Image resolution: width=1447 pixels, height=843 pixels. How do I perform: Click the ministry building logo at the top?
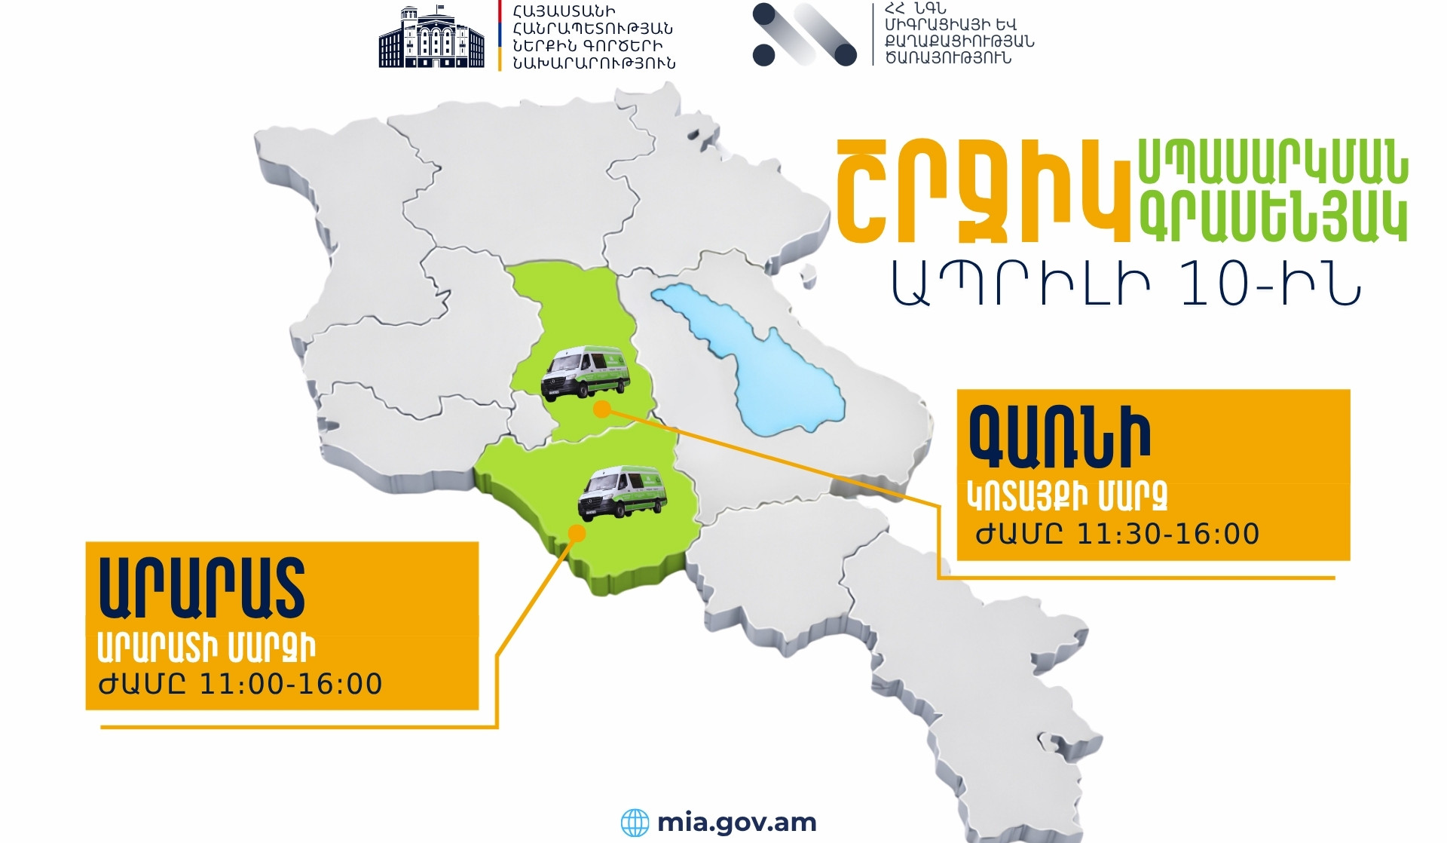431,37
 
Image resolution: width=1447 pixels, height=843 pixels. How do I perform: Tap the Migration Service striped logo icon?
804,35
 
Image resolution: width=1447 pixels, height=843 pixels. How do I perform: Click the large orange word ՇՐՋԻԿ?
984,192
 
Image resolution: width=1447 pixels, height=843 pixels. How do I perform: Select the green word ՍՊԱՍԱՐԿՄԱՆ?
1272,161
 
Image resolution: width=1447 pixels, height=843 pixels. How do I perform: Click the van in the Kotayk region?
586,372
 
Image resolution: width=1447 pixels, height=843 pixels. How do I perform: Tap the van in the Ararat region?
623,493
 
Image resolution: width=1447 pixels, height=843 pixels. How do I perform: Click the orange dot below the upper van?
601,409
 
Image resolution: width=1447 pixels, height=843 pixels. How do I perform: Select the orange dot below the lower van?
577,534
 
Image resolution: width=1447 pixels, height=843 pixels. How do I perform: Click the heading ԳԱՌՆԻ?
1059,437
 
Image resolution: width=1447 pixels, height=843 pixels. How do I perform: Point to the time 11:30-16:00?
1168,534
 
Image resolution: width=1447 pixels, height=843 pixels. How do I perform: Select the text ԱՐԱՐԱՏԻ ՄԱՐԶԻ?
206,648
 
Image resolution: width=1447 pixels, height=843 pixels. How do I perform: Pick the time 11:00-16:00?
291,684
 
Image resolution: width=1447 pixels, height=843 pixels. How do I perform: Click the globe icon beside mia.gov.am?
635,823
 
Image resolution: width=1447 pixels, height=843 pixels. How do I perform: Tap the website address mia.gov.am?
737,822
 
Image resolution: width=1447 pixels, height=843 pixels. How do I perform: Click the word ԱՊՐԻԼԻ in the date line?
1021,285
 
